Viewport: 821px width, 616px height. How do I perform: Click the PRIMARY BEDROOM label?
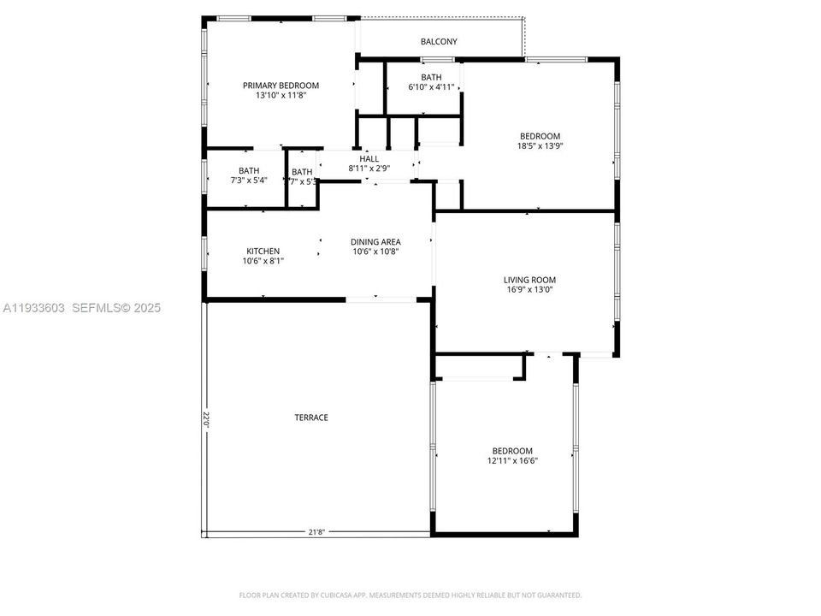pos(281,85)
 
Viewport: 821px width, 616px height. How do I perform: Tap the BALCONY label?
pos(439,41)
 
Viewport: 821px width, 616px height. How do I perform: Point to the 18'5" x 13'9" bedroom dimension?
pos(540,145)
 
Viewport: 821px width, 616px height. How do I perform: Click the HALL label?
pos(369,159)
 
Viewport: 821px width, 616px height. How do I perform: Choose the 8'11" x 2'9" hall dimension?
pos(369,169)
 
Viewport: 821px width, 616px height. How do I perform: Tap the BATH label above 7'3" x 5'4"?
pos(249,170)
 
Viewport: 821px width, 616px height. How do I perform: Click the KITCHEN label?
pos(263,251)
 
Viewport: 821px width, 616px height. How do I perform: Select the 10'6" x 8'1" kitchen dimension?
pos(263,261)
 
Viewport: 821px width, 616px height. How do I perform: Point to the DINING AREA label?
pos(375,241)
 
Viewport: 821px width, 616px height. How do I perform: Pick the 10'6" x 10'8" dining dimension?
pos(375,252)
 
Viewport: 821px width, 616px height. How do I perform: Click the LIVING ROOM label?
pos(529,279)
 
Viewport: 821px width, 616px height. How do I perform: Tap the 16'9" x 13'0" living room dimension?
pos(529,289)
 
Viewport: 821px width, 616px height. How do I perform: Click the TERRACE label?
pos(311,418)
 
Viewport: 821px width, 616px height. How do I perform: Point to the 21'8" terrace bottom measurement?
pos(316,532)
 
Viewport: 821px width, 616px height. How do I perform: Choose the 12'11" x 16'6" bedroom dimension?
pos(511,460)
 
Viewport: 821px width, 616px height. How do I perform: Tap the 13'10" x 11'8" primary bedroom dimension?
pos(281,95)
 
